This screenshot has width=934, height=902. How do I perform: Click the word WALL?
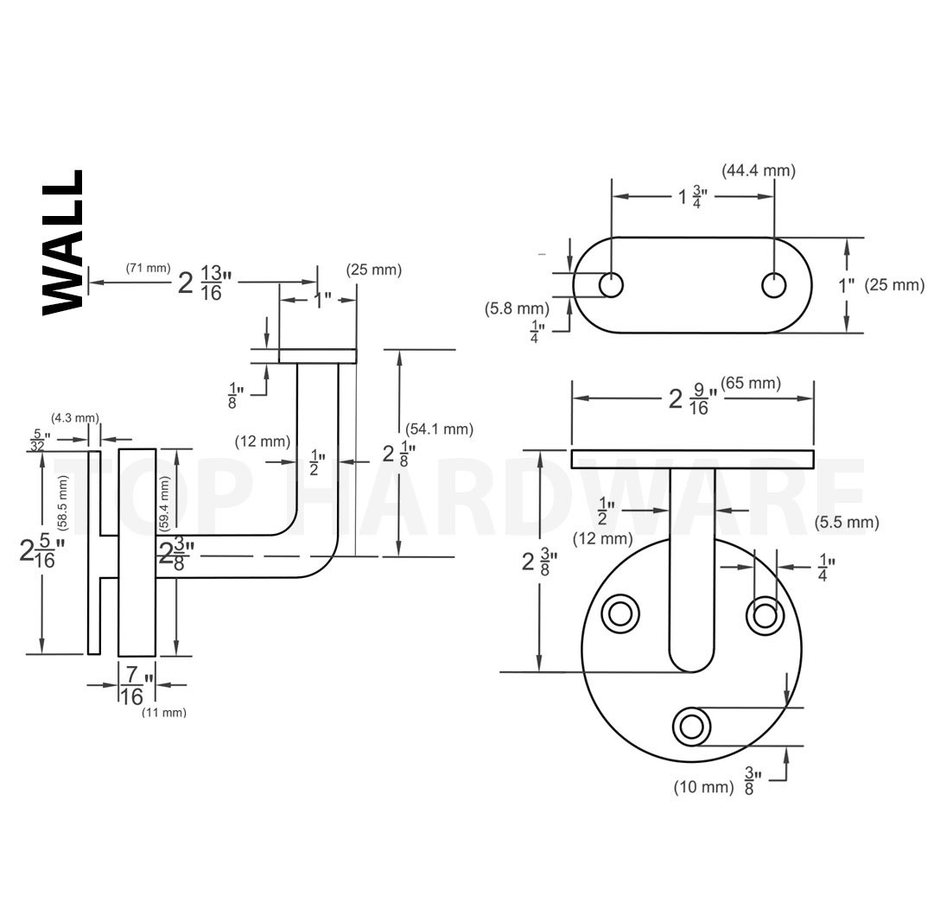(63, 242)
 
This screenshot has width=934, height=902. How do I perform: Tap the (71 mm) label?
(149, 268)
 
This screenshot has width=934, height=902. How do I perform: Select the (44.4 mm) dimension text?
(759, 171)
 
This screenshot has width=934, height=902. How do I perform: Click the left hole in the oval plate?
(611, 285)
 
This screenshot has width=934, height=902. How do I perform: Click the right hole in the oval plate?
(774, 285)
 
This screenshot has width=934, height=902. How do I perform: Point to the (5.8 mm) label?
(517, 308)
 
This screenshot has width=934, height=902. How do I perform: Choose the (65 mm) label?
(751, 383)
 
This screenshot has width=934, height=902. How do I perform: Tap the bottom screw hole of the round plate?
(691, 727)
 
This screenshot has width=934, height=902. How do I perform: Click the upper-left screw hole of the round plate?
(620, 613)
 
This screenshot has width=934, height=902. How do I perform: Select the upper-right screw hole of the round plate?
(766, 615)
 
